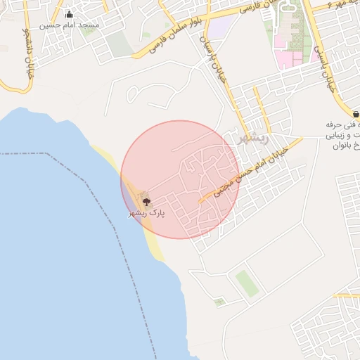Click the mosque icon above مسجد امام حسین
(69, 14)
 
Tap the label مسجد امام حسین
(69, 25)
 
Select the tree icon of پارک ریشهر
(146, 202)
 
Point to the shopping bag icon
(356, 114)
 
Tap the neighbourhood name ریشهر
(253, 138)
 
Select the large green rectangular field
(247, 283)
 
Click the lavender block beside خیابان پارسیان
(224, 27)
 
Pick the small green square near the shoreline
(220, 302)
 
